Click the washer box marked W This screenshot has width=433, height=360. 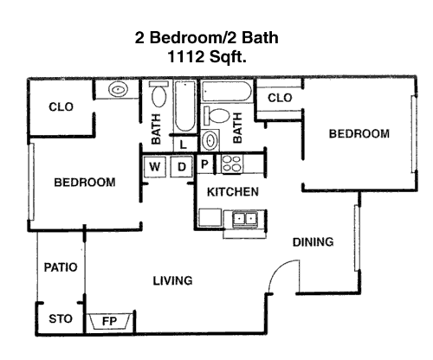155,166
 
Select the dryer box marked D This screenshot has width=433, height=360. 181,166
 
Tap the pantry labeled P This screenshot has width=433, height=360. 204,164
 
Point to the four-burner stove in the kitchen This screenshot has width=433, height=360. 232,164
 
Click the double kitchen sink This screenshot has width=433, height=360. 245,219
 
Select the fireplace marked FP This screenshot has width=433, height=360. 109,321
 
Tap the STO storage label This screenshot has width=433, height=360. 61,319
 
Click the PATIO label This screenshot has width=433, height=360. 61,267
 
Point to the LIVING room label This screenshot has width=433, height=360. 172,280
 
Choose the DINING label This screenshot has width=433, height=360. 313,242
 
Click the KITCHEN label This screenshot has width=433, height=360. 233,192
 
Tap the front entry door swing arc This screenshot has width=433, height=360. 279,269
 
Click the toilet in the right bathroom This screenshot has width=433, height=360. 216,115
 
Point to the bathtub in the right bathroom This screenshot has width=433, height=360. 227,92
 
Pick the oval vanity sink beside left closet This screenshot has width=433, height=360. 118,89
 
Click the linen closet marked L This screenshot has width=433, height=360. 183,145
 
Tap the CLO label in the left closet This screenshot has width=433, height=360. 61,107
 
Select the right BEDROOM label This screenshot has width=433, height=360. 359,134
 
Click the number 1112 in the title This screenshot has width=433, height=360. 185,56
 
